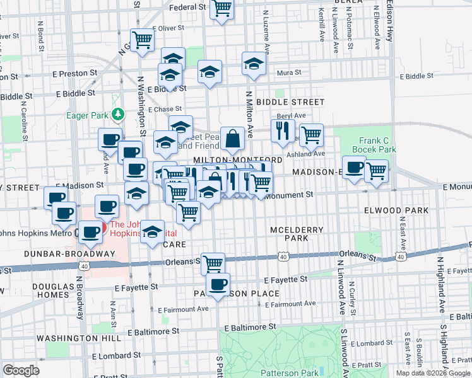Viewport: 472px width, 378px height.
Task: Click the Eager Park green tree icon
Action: [117, 115]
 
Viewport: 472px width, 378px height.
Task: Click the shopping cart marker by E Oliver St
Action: [142, 40]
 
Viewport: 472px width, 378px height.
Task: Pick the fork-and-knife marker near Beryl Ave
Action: [282, 131]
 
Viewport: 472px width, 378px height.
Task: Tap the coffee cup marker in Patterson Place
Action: [218, 284]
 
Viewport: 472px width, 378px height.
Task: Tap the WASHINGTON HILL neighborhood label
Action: [69, 338]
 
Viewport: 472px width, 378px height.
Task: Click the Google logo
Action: [21, 370]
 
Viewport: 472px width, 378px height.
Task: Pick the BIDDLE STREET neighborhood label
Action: [290, 101]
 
